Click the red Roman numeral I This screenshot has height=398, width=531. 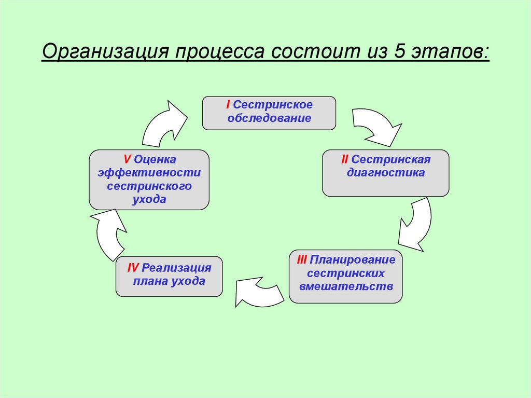pyautogui.click(x=228, y=105)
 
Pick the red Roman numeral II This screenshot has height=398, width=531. pyautogui.click(x=344, y=159)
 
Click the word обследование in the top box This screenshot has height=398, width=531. pyautogui.click(x=269, y=118)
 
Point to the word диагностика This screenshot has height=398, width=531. pyautogui.click(x=386, y=173)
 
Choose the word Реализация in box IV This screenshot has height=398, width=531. pyautogui.click(x=177, y=268)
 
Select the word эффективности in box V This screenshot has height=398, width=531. pyautogui.click(x=149, y=172)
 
